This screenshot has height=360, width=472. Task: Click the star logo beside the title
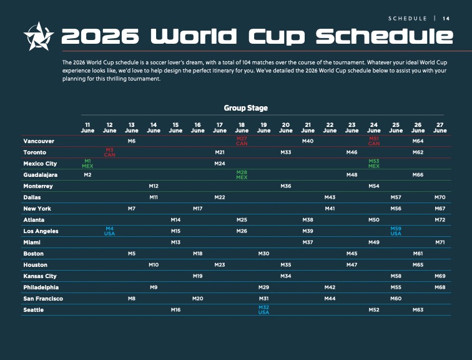(x=39, y=36)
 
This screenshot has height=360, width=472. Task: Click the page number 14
(x=446, y=19)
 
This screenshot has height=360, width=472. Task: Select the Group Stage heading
(x=245, y=108)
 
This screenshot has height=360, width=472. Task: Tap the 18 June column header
(x=242, y=127)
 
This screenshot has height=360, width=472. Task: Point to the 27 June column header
(x=440, y=127)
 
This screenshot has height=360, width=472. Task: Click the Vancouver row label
(x=39, y=141)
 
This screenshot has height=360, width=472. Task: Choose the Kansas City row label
(x=40, y=276)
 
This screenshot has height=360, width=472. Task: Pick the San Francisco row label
(x=43, y=299)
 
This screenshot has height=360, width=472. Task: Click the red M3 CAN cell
(x=110, y=152)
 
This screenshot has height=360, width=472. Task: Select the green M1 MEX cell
(x=87, y=164)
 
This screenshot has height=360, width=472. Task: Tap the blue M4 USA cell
(x=110, y=231)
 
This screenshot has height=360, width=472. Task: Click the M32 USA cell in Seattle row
(x=263, y=310)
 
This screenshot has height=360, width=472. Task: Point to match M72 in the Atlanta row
(x=440, y=220)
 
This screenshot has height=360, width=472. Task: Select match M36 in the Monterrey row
(x=286, y=186)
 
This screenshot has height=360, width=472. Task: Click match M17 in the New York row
(x=198, y=209)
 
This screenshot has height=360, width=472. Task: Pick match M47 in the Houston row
(x=352, y=265)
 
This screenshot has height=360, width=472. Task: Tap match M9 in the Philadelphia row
(x=154, y=287)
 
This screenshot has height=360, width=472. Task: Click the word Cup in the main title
(x=277, y=37)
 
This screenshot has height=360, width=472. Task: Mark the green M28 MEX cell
(x=242, y=175)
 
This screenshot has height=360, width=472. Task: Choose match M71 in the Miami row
(x=440, y=242)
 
